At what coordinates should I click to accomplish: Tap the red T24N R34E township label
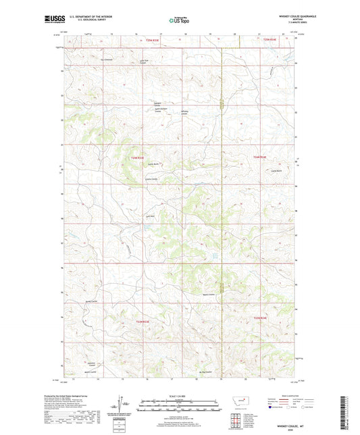click(260, 157)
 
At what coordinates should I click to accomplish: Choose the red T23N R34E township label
click(261, 317)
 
